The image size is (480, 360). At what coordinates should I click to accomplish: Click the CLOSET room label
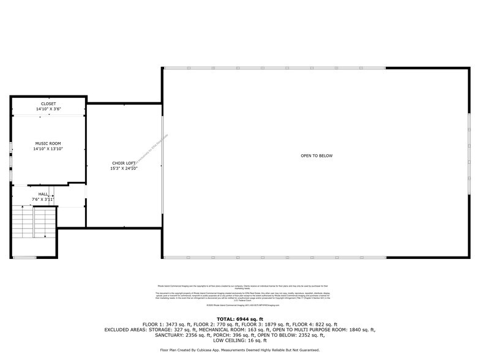(x=48, y=103)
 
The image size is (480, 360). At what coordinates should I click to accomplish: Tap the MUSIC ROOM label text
(x=48, y=143)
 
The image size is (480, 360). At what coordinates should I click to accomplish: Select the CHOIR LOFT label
(x=124, y=163)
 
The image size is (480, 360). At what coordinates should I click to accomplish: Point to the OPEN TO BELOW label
(x=317, y=156)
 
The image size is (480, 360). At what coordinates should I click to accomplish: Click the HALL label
(x=43, y=194)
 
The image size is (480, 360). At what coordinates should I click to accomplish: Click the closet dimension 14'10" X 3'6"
(x=48, y=109)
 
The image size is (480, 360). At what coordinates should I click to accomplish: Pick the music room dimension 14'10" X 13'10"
(x=48, y=149)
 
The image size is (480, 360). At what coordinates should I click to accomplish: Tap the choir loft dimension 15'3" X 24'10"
(x=124, y=168)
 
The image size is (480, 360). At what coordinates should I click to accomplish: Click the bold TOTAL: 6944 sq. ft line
(x=239, y=319)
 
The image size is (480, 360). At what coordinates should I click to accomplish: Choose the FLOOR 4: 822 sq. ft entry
(x=315, y=324)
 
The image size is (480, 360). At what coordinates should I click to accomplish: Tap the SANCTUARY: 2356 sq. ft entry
(x=159, y=335)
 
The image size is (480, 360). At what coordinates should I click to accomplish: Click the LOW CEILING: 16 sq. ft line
(x=239, y=340)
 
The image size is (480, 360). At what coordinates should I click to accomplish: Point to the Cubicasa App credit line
(x=239, y=350)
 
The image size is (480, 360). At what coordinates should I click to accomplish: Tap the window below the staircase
(x=24, y=258)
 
